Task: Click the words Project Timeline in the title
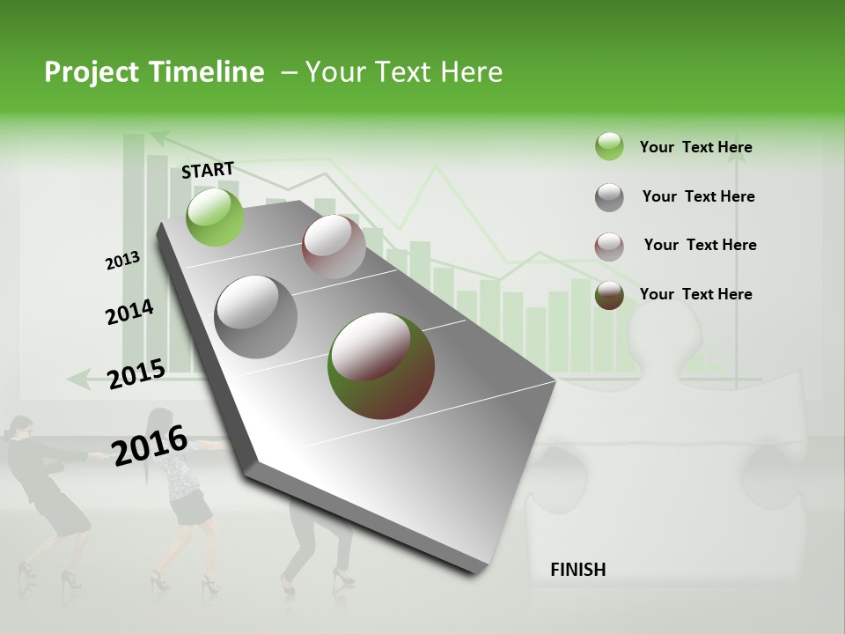coord(154,72)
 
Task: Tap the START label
coord(208,170)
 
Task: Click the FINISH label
coord(577,570)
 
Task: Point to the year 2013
coord(122,261)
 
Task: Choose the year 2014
coord(129,312)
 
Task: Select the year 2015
coord(136,373)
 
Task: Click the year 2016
coord(150,445)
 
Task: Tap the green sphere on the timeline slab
coord(216,217)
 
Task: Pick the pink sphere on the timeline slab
coord(334,247)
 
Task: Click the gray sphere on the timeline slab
coord(256,317)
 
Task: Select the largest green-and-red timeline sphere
coord(381,365)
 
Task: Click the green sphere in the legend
coord(609,146)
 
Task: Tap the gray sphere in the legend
coord(609,197)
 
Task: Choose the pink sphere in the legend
coord(609,247)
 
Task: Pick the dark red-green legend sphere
coord(609,295)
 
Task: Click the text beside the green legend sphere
coord(695,147)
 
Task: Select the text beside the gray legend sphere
coord(698,196)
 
